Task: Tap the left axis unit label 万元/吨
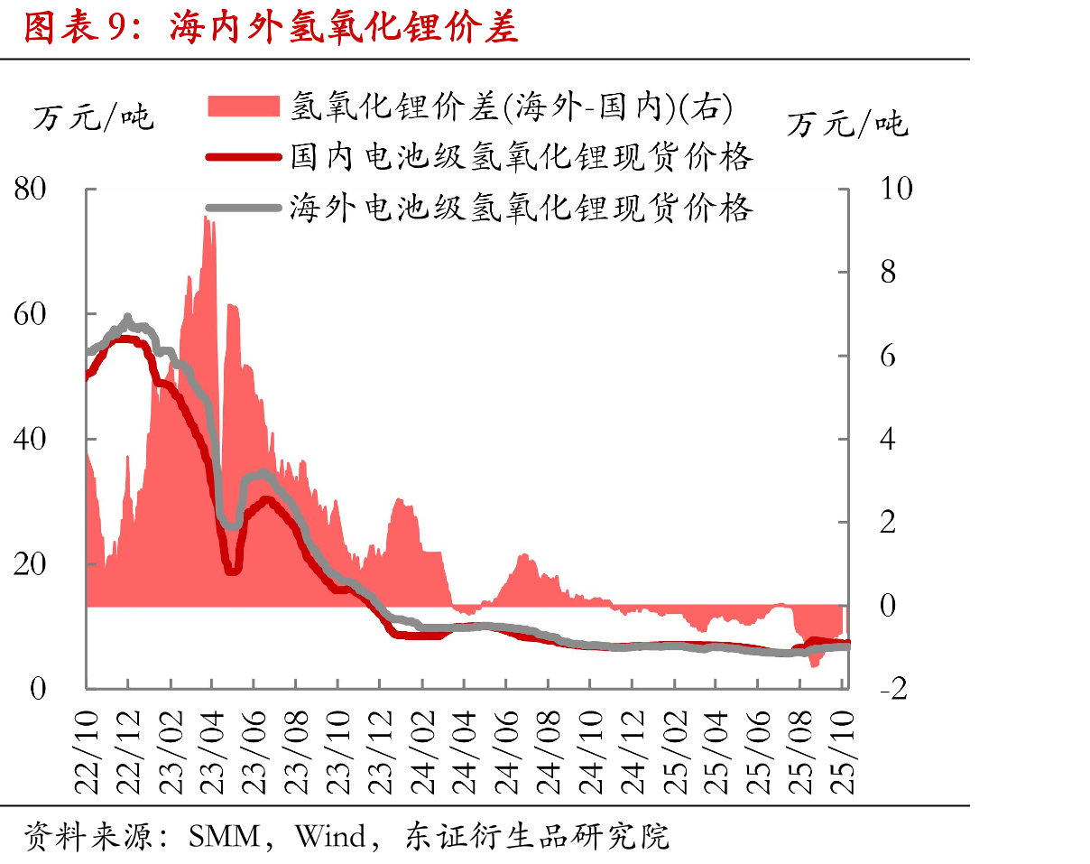pyautogui.click(x=94, y=117)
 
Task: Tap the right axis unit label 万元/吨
pyautogui.click(x=848, y=125)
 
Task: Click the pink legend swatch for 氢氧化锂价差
pyautogui.click(x=244, y=106)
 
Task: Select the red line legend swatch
pyautogui.click(x=244, y=157)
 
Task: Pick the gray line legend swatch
pyautogui.click(x=244, y=208)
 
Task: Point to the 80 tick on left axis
pyautogui.click(x=30, y=189)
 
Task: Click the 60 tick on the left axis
pyautogui.click(x=30, y=314)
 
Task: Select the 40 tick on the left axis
pyautogui.click(x=30, y=439)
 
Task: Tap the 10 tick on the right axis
pyautogui.click(x=897, y=189)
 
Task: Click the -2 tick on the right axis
pyautogui.click(x=894, y=689)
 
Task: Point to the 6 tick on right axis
pyautogui.click(x=888, y=357)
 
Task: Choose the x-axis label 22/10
pyautogui.click(x=86, y=753)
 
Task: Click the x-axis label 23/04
pyautogui.click(x=212, y=753)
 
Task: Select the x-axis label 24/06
pyautogui.click(x=506, y=753)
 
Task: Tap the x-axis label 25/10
pyautogui.click(x=842, y=753)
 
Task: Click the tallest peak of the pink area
pyautogui.click(x=205, y=218)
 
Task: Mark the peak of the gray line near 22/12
pyautogui.click(x=127, y=317)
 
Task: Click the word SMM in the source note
pyautogui.click(x=225, y=837)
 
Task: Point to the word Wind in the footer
pyautogui.click(x=330, y=837)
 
